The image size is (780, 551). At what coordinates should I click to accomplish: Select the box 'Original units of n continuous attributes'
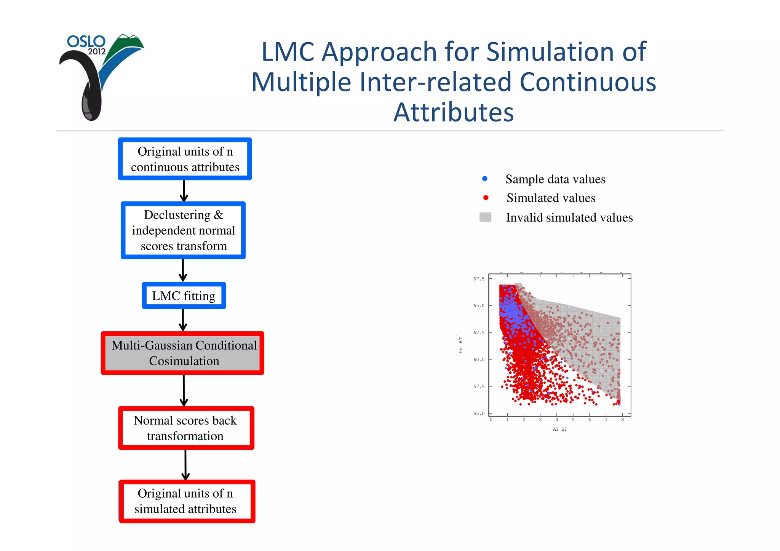point(185,159)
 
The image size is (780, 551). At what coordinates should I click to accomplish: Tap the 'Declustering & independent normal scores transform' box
point(184,230)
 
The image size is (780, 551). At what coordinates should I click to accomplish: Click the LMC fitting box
point(184,296)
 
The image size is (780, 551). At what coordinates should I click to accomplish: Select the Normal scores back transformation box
point(185,428)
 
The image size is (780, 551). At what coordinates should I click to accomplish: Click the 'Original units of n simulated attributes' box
point(186,501)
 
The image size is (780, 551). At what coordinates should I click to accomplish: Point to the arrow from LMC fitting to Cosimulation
point(183,320)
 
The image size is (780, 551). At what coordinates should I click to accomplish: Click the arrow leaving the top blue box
point(184,191)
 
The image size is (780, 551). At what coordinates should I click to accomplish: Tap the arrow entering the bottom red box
point(185,465)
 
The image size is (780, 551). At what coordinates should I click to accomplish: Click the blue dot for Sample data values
point(484,179)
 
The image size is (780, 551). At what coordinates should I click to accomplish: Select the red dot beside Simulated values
point(486,198)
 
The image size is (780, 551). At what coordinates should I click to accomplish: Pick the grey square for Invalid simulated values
point(485,217)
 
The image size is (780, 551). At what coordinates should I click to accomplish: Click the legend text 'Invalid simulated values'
point(569,217)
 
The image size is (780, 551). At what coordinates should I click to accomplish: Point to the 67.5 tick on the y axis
point(479,279)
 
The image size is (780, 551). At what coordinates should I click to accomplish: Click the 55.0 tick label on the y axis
point(479,414)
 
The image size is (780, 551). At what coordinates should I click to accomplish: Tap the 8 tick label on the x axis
point(622,420)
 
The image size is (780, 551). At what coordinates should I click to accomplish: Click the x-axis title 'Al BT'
point(559,429)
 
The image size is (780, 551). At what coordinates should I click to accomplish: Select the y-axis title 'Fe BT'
point(460,345)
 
